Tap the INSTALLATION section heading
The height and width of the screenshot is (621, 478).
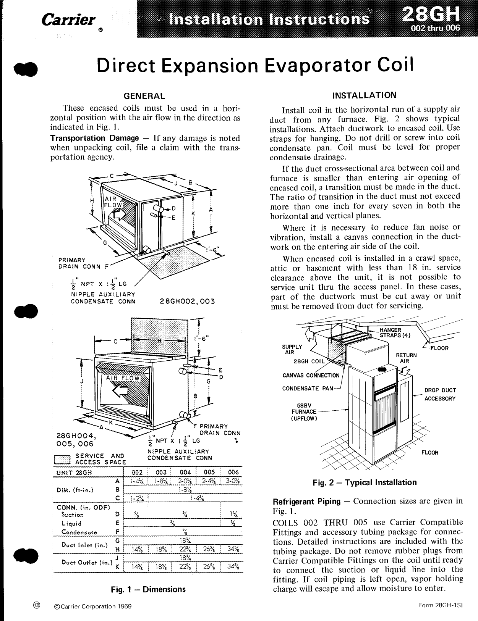click(x=365, y=95)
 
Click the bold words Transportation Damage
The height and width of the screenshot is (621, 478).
click(x=94, y=138)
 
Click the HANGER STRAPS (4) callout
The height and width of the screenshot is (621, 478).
click(x=393, y=332)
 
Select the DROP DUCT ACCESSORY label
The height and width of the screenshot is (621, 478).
click(x=440, y=394)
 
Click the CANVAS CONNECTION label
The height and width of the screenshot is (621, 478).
click(x=311, y=375)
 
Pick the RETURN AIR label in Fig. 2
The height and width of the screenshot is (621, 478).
click(x=406, y=358)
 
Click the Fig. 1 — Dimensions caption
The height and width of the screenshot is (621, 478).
click(x=148, y=589)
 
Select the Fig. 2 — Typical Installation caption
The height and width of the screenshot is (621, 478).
click(x=364, y=482)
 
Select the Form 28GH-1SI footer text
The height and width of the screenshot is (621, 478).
click(x=440, y=606)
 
